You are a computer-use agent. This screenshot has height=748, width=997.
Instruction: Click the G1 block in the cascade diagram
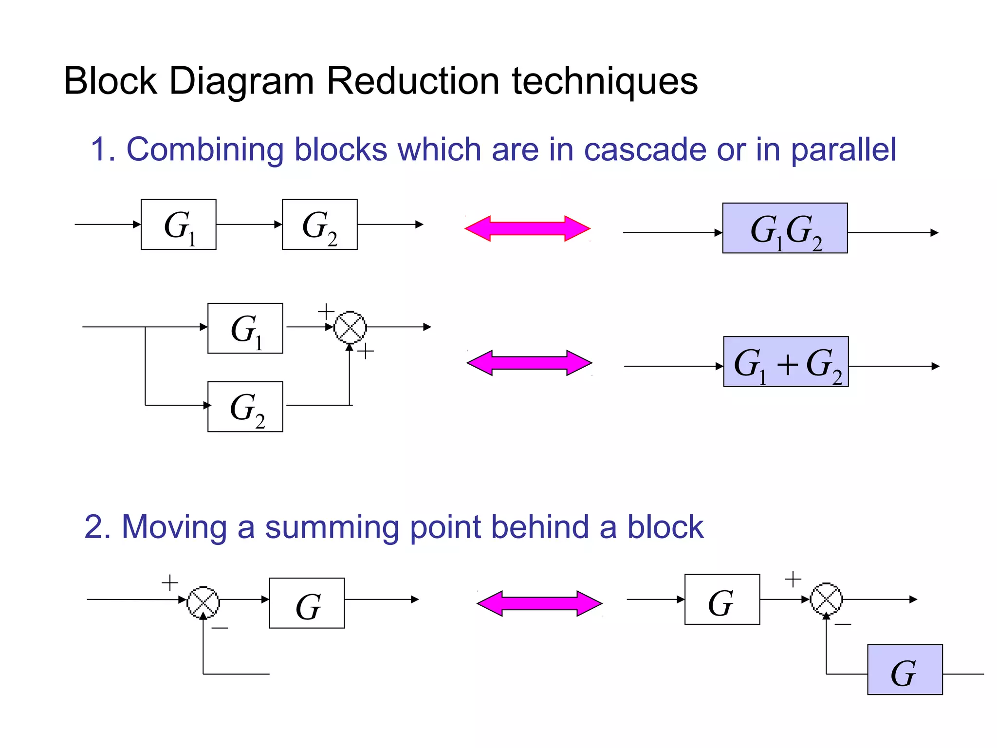[x=179, y=224]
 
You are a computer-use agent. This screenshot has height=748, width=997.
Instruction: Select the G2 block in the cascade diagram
[x=320, y=224]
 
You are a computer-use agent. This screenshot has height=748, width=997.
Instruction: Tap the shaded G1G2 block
[x=785, y=228]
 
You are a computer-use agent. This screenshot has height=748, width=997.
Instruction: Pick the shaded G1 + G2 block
[x=786, y=362]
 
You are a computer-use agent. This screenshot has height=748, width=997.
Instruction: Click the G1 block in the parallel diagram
[x=245, y=328]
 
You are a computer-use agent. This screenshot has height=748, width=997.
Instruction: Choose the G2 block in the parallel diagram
[x=245, y=407]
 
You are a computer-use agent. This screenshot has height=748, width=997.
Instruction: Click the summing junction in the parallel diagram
[x=350, y=327]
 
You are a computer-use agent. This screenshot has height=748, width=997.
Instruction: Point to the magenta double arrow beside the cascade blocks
[x=527, y=228]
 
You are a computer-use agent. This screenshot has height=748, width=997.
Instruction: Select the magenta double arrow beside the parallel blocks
[x=529, y=363]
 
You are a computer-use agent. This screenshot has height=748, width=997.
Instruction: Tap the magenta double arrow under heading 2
[x=539, y=604]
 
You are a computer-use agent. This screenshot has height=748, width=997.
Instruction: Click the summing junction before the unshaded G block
[x=203, y=602]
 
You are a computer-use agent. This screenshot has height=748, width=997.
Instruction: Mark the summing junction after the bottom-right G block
[x=826, y=599]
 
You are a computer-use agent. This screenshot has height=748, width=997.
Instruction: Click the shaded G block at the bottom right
[x=905, y=670]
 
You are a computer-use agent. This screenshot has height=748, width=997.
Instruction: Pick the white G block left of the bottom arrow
[x=307, y=603]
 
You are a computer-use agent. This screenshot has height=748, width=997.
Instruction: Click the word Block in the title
[x=111, y=81]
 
